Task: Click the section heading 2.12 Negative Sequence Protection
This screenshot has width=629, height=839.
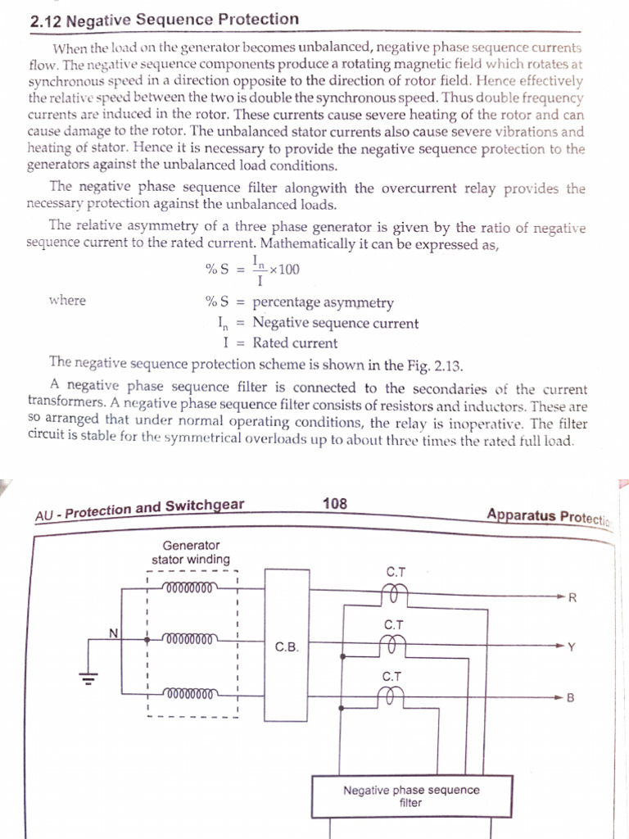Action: coord(164,19)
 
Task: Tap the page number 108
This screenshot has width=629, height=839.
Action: coord(335,503)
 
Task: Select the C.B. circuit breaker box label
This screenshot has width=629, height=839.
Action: coord(287,646)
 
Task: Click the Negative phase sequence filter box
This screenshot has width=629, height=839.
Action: coord(411,796)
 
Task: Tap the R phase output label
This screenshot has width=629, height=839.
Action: coord(572,596)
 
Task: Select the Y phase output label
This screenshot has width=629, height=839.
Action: coord(572,647)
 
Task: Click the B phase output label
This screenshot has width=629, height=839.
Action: coord(571,698)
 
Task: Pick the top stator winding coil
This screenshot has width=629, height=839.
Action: coord(189,587)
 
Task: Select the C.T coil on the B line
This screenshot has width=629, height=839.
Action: coord(393,696)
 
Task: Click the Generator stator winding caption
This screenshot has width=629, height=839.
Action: coord(191,551)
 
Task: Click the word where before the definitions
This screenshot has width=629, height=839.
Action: coord(67,301)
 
